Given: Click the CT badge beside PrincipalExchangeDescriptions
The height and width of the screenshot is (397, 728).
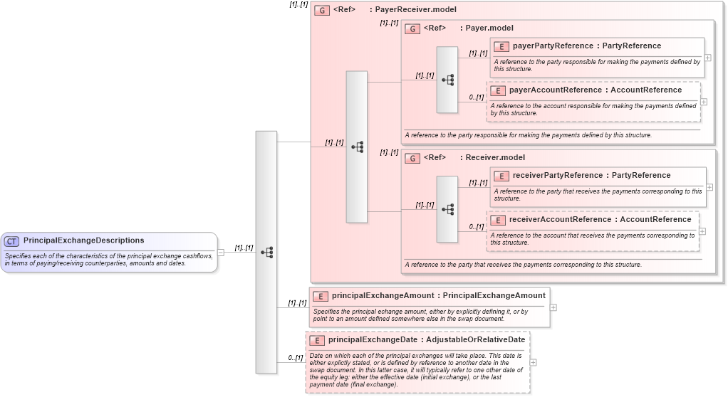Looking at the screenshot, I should coord(12,241).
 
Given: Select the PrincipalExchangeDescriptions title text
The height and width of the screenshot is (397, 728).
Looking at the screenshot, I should coord(83,240).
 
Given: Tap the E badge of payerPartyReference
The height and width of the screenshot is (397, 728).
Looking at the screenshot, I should coord(501,46).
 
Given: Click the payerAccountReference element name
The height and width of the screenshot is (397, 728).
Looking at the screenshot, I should coord(555,90).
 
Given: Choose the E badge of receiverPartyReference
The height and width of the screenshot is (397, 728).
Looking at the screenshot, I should coord(501,176).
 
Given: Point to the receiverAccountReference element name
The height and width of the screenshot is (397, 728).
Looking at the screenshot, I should coord(560,220).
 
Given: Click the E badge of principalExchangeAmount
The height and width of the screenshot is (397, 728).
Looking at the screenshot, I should coord(321,296).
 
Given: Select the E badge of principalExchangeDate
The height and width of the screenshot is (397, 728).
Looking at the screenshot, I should coord(317,340).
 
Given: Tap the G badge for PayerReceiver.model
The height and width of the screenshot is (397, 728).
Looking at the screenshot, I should coord(322,11).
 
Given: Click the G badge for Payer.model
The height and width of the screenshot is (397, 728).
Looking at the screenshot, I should coord(412,28).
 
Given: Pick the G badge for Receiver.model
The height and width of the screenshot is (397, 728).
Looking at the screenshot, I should coord(412,158).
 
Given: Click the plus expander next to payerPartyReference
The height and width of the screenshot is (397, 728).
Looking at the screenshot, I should coord(707,58).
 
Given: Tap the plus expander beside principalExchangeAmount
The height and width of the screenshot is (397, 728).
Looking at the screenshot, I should coord(553,307).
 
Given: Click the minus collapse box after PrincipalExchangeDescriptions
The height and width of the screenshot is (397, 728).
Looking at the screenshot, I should coord(221,252).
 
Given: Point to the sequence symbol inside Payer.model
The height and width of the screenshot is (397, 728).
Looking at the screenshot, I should coord(447,80).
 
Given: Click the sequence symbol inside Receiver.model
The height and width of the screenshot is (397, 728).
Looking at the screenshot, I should coord(447,209).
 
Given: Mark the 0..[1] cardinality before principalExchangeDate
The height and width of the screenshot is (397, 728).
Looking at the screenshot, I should coord(296,358).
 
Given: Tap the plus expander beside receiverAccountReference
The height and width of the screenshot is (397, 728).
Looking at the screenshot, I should coord(703,231).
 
